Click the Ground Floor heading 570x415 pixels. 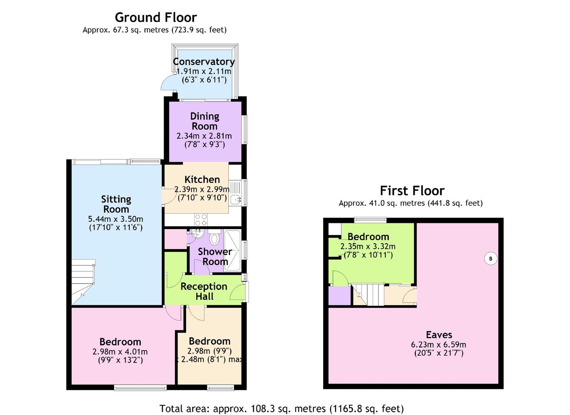(156, 18)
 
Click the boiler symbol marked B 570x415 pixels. (491, 259)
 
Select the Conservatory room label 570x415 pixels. (203, 62)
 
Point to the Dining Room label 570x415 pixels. (205, 121)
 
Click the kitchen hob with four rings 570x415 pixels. (201, 219)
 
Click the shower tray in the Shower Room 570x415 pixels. (233, 251)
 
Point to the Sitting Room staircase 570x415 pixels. (83, 282)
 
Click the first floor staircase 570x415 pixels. (368, 294)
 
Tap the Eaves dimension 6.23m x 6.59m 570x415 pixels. (438, 345)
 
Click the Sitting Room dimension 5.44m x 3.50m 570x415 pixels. (116, 219)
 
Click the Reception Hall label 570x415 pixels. (204, 291)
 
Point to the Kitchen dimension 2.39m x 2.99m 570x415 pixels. (202, 189)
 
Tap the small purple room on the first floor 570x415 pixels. (339, 295)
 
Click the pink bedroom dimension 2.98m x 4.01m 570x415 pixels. (120, 352)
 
